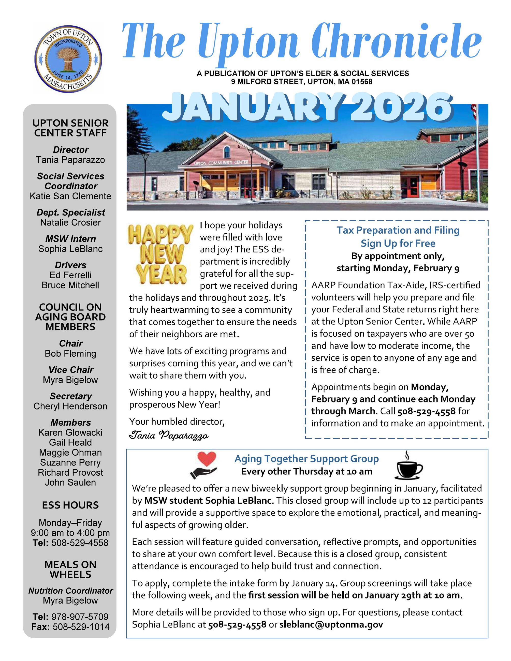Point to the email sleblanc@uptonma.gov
(331, 624)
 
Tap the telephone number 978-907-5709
(80, 617)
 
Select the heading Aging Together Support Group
(306, 459)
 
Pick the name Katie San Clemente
(70, 196)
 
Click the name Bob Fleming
(70, 353)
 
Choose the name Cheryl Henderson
(70, 406)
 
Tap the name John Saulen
(70, 483)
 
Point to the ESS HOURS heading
(70, 505)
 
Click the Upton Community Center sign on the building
(221, 162)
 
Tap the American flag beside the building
(474, 111)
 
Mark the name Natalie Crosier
(70, 222)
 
